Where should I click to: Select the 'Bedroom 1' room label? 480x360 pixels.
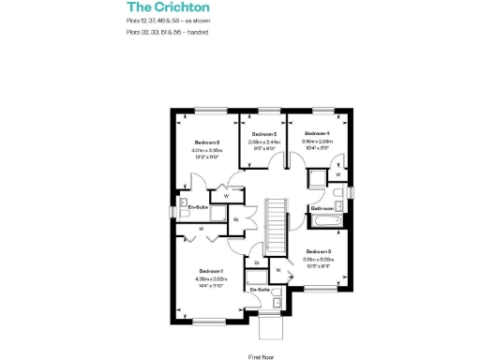(210, 271)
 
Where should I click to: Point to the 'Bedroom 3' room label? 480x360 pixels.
(317, 251)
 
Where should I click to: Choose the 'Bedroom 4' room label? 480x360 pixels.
(315, 134)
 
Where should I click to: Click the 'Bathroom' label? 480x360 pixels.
(322, 207)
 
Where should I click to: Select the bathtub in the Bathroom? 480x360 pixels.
(323, 220)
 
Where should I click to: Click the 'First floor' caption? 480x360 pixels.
(261, 356)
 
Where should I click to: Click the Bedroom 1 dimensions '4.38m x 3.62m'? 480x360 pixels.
(210, 278)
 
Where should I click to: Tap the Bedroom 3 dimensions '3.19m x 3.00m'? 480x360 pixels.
(317, 259)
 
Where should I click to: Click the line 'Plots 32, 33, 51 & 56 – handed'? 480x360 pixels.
(167, 32)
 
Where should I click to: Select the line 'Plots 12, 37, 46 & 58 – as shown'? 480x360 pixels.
(168, 20)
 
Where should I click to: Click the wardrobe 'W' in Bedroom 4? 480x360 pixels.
(337, 173)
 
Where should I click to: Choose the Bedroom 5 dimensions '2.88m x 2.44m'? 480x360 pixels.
(262, 142)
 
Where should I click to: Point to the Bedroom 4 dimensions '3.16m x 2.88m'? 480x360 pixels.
(315, 142)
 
